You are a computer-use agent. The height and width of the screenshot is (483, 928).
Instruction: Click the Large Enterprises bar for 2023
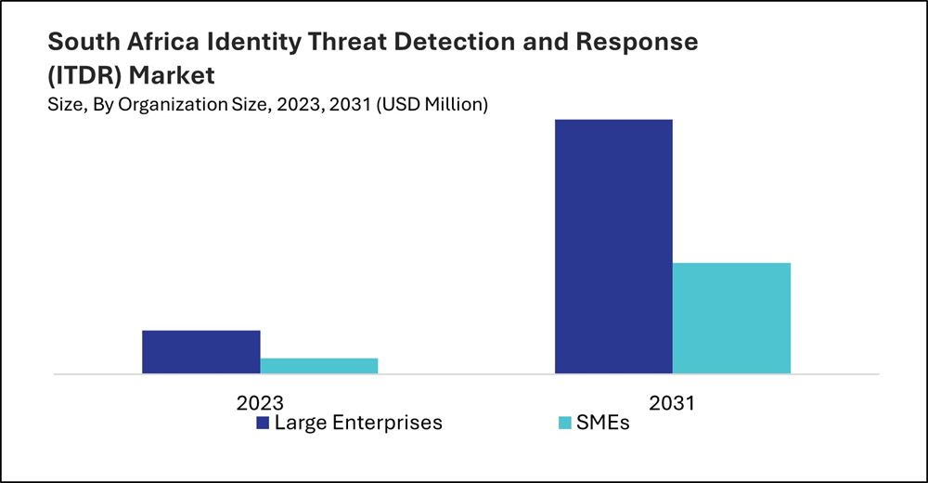coord(200,352)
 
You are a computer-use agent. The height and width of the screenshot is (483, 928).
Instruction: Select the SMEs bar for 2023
coord(318,366)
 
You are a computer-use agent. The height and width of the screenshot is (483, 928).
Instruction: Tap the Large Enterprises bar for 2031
coord(613,246)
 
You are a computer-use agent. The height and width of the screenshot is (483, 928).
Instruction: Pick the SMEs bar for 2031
coord(731,318)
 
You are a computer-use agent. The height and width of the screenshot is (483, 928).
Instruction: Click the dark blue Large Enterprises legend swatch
coord(263,424)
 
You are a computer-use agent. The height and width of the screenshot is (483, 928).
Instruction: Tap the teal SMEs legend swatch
coord(563,424)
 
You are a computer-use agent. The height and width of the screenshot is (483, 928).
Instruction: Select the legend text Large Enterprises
coord(358,424)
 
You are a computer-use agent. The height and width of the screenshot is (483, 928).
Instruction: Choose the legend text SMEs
coord(605,424)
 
